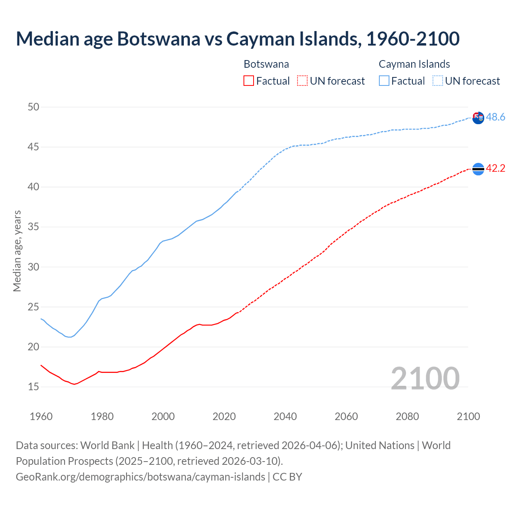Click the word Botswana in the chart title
point(158,39)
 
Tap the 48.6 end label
point(495,117)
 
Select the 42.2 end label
point(495,168)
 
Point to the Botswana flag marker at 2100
point(478,169)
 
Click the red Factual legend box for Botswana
point(249,81)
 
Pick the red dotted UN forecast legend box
point(302,81)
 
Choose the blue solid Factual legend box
point(384,81)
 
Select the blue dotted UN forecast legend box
point(438,81)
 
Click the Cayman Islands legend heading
point(414,64)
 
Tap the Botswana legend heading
point(266,64)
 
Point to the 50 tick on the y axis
point(33,107)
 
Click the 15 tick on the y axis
point(33,387)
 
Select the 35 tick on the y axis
point(33,227)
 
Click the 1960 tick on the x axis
point(41,416)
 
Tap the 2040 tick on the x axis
point(285,416)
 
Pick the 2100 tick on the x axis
point(468,416)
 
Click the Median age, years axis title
point(17,251)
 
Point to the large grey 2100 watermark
point(425,378)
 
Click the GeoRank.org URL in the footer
point(140,476)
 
